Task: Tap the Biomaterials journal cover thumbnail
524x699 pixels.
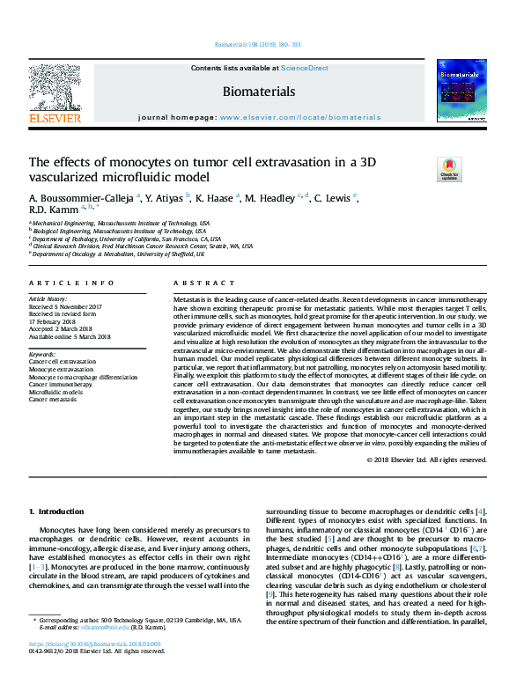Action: tap(463, 95)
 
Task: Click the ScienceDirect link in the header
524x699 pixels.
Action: tap(306, 68)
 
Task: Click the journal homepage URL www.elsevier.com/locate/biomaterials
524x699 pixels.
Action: tap(300, 117)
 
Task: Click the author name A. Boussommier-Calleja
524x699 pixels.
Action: tap(83, 198)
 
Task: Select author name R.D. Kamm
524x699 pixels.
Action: tap(54, 210)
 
